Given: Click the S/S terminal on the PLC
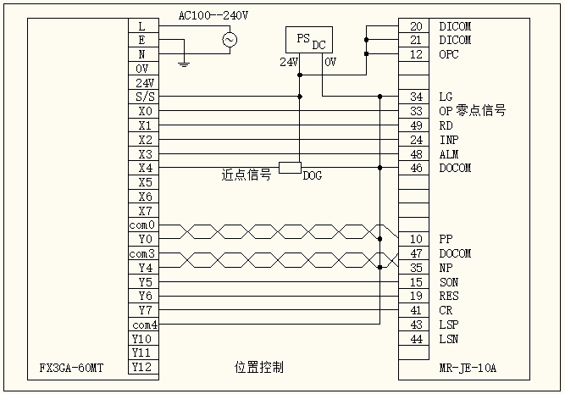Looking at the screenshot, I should pyautogui.click(x=142, y=97).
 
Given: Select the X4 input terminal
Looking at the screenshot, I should pyautogui.click(x=142, y=168).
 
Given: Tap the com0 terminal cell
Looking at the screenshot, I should pyautogui.click(x=142, y=225).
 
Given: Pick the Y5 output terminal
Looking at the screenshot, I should pyautogui.click(x=142, y=282).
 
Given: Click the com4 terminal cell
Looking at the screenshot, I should pyautogui.click(x=142, y=325).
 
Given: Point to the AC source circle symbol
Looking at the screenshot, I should pyautogui.click(x=229, y=39).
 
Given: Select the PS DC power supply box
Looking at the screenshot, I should pyautogui.click(x=307, y=40).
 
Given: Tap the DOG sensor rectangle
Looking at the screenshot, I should pyautogui.click(x=291, y=167).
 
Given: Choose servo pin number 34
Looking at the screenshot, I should pyautogui.click(x=415, y=97).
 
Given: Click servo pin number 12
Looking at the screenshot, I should pyautogui.click(x=415, y=54).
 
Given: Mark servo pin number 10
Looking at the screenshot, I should pyautogui.click(x=415, y=239).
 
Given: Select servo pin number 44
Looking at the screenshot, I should pyautogui.click(x=415, y=339).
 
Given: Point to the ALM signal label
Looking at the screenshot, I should pyautogui.click(x=450, y=153).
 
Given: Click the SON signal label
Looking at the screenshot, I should pyautogui.click(x=450, y=282).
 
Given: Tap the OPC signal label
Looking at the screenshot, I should pyautogui.click(x=450, y=54).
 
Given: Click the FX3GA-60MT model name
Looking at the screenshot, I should pyautogui.click(x=71, y=369).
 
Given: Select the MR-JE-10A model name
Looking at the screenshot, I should pyautogui.click(x=468, y=369).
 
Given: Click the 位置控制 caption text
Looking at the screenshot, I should pyautogui.click(x=258, y=368).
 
